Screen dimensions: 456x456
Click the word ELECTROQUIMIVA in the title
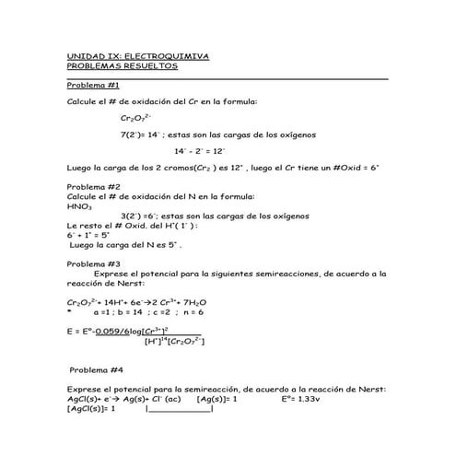tap(170, 56)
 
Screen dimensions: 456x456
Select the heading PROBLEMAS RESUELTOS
tap(123, 66)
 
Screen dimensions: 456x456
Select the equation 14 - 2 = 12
tap(199, 150)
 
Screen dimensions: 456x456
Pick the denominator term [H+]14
tap(159, 341)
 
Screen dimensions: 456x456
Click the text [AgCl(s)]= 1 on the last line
tap(92, 409)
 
